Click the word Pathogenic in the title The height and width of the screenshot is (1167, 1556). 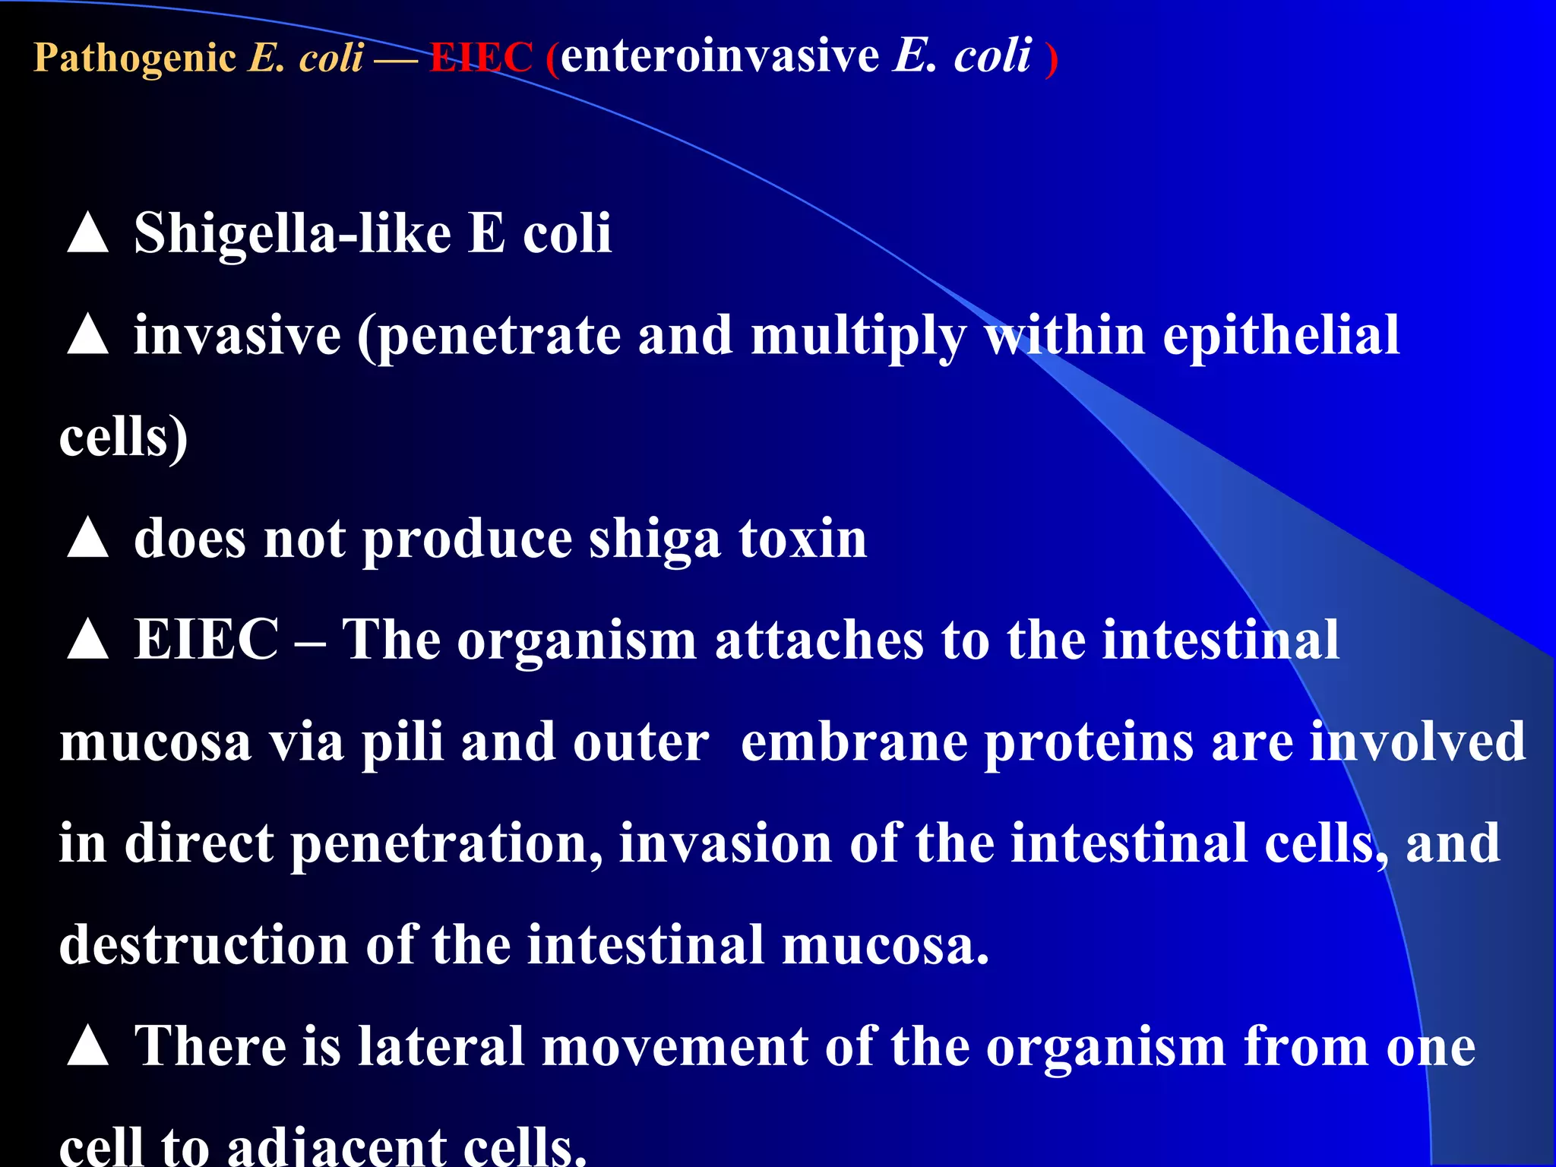(x=135, y=58)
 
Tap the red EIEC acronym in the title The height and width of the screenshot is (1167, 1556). (x=481, y=58)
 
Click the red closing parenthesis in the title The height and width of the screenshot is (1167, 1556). (x=1051, y=59)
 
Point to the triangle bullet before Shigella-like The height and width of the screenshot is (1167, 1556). (x=88, y=233)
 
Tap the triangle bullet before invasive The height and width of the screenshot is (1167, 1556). (x=88, y=335)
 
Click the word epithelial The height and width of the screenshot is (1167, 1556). (x=1281, y=335)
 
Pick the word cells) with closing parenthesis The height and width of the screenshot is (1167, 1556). (x=123, y=438)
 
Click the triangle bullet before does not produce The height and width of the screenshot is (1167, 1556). (x=88, y=539)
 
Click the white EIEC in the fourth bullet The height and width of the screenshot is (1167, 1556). (x=207, y=640)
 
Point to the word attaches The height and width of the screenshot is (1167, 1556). (x=819, y=640)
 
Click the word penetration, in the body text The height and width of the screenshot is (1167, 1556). (x=447, y=845)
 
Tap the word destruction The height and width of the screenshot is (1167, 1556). (x=204, y=945)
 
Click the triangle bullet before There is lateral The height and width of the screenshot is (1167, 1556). (x=88, y=1046)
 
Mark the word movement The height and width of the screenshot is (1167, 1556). (x=675, y=1047)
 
